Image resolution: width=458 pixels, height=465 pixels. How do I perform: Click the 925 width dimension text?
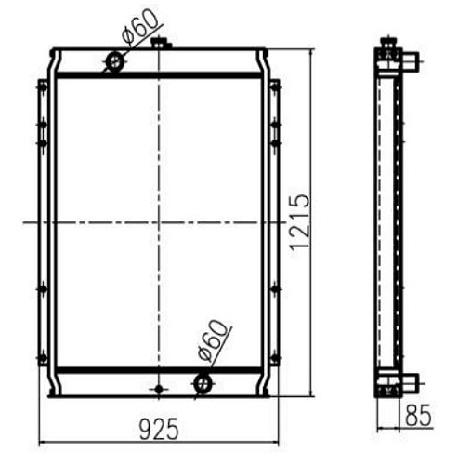click(x=159, y=429)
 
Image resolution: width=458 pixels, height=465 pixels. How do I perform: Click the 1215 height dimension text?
click(x=299, y=221)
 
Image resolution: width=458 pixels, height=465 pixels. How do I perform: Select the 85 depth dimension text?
click(x=418, y=415)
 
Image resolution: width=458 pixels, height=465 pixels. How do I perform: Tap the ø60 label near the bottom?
click(x=212, y=340)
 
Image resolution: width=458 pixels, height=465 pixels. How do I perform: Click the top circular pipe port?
click(x=115, y=62)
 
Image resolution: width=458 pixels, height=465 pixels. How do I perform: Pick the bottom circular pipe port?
click(x=203, y=384)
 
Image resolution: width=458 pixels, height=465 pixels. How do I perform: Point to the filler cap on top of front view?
click(x=161, y=43)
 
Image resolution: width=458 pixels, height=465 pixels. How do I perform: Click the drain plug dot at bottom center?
click(x=159, y=389)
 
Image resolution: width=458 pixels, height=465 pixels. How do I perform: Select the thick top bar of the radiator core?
click(x=159, y=75)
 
